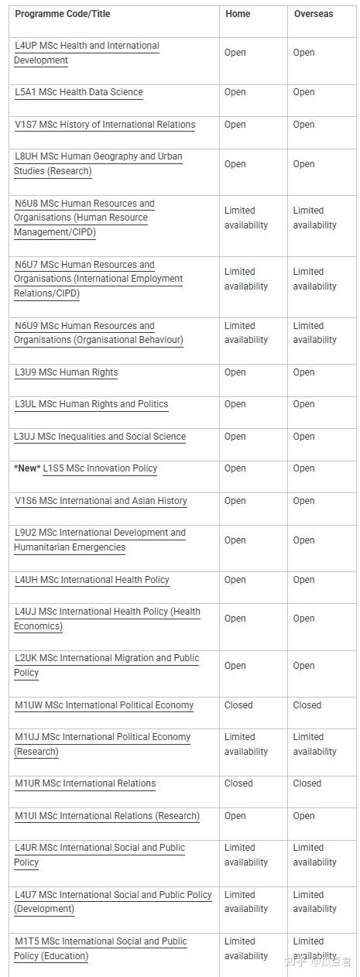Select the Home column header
click(x=238, y=14)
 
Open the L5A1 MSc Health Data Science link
click(x=79, y=92)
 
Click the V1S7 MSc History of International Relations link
click(x=105, y=125)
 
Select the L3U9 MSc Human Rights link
click(x=67, y=372)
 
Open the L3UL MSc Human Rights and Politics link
click(x=91, y=404)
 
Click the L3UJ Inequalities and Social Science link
click(x=100, y=437)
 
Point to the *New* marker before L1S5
click(x=27, y=468)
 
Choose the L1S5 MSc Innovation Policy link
click(x=100, y=468)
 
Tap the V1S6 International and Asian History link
click(x=101, y=501)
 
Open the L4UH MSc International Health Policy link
click(x=92, y=580)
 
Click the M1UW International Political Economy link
click(x=105, y=705)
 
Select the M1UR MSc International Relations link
click(x=85, y=783)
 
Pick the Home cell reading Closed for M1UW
click(x=238, y=705)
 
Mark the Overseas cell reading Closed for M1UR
click(x=307, y=783)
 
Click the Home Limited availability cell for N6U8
click(x=246, y=218)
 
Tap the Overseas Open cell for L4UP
click(x=303, y=53)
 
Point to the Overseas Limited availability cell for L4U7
click(x=314, y=902)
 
